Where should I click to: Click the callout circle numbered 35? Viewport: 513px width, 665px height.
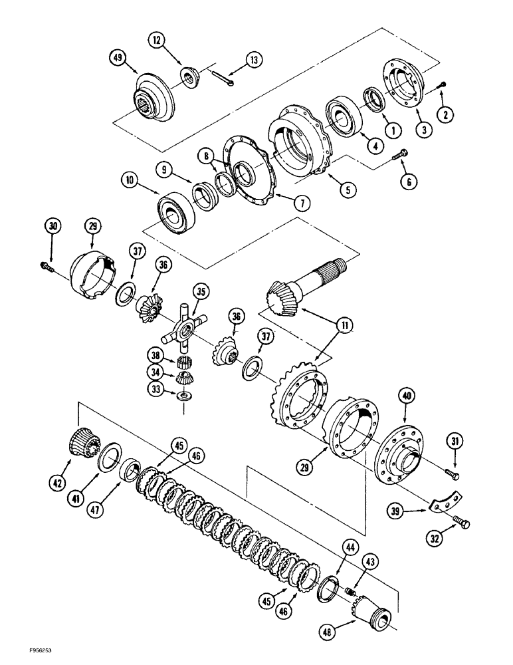click(x=199, y=291)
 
